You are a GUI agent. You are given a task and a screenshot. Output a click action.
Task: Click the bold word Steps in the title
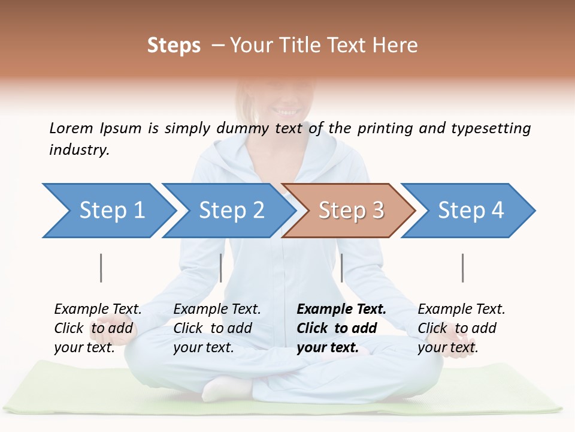click(x=174, y=46)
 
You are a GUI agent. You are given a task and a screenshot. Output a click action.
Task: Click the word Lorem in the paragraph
click(x=71, y=128)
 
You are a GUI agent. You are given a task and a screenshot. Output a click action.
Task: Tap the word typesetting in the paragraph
click(x=491, y=128)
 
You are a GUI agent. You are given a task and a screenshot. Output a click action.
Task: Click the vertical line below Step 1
click(x=101, y=268)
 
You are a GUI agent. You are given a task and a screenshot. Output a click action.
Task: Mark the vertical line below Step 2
click(x=221, y=268)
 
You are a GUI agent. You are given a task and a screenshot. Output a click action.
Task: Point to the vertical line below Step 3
click(x=341, y=268)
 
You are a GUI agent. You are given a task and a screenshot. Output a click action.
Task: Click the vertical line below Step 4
click(x=462, y=268)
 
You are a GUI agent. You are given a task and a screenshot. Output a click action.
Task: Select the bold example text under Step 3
click(x=340, y=328)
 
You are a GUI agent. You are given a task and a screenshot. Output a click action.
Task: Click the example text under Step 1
click(x=97, y=328)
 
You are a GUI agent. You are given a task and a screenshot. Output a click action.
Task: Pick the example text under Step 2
click(x=216, y=328)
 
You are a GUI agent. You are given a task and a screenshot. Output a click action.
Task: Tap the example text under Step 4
click(x=461, y=328)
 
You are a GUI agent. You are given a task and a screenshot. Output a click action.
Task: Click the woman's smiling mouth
click(x=286, y=111)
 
